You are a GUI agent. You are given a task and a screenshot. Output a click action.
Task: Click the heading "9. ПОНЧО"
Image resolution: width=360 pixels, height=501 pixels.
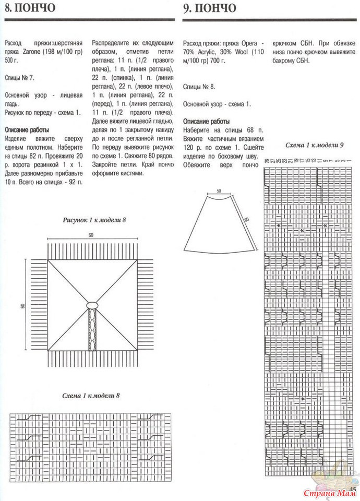(x=209, y=9)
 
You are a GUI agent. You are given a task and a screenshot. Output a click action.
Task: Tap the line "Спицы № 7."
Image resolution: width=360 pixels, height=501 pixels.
(x=19, y=78)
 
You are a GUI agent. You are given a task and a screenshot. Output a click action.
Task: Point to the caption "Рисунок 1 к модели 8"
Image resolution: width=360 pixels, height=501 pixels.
(x=94, y=220)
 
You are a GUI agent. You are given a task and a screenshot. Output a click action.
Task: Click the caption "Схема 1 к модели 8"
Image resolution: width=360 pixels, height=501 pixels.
(x=91, y=395)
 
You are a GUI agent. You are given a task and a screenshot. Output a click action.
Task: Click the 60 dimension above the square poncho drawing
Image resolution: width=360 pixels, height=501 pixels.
(x=91, y=236)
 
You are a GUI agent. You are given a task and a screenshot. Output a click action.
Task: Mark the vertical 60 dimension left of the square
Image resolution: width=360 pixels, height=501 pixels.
(x=23, y=305)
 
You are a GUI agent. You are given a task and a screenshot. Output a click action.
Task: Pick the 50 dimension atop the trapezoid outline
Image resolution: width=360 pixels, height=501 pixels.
(x=220, y=191)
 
